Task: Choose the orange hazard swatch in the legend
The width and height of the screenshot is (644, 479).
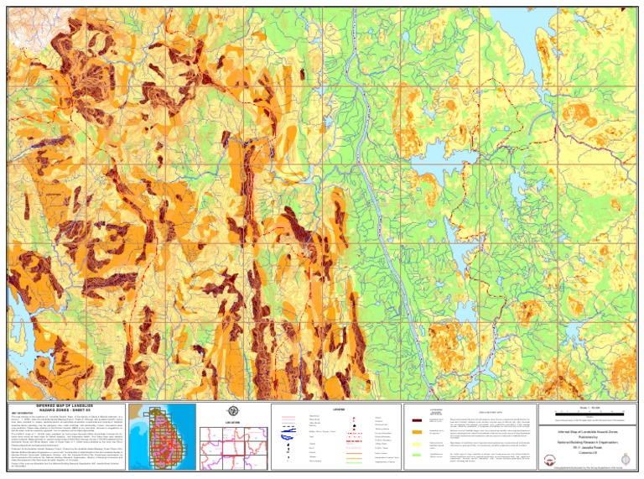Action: tap(417, 432)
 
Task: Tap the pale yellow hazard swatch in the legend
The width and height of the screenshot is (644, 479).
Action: tap(417, 444)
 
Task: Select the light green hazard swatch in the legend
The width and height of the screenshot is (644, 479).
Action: tap(417, 455)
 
